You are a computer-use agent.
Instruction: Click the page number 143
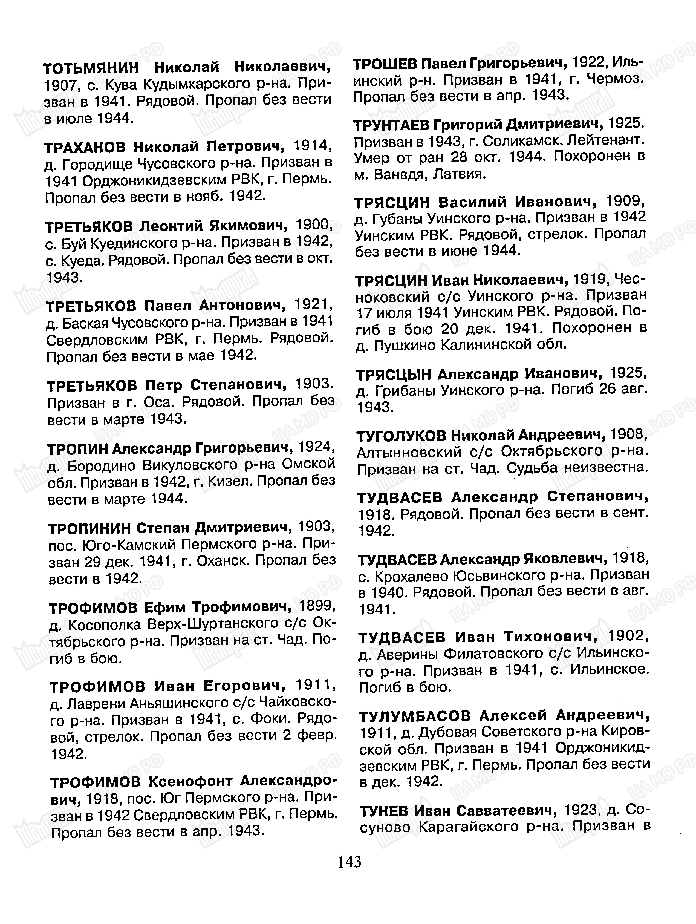click(350, 861)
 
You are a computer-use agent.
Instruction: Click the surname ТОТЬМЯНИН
click(91, 67)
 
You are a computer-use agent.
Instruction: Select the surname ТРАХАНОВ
click(85, 147)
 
